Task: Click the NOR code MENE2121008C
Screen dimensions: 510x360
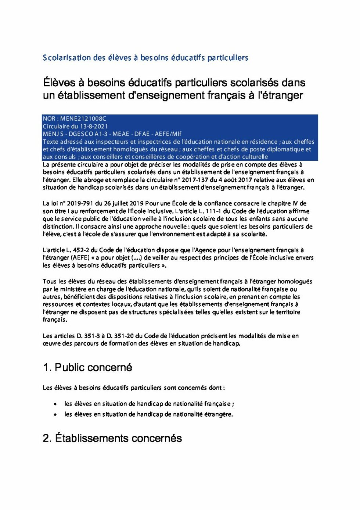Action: click(83, 118)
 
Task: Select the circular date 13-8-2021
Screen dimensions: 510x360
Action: click(94, 126)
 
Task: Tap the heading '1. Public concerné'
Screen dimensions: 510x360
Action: click(87, 367)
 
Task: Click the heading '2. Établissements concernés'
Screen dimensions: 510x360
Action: click(112, 438)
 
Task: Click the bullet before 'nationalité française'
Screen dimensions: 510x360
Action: click(55, 404)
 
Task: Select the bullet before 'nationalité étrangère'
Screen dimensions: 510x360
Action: click(55, 415)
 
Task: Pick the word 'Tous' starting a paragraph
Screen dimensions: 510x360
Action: click(49, 282)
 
